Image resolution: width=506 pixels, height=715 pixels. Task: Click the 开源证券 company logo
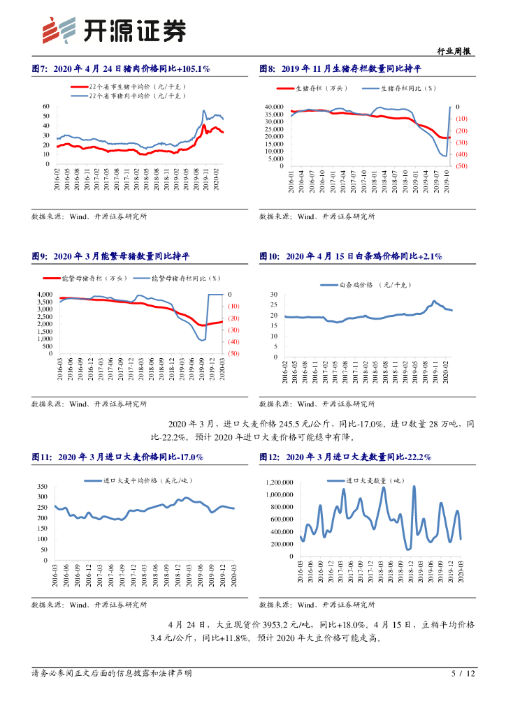tap(115, 30)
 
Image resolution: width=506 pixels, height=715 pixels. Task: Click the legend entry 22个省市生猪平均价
tap(129, 86)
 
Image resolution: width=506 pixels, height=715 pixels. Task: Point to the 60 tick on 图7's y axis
tap(45, 106)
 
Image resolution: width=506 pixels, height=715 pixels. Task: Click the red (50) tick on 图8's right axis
tap(461, 166)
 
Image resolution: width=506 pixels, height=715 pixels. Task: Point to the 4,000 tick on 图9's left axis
tap(44, 295)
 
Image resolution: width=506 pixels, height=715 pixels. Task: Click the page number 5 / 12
tap(463, 674)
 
